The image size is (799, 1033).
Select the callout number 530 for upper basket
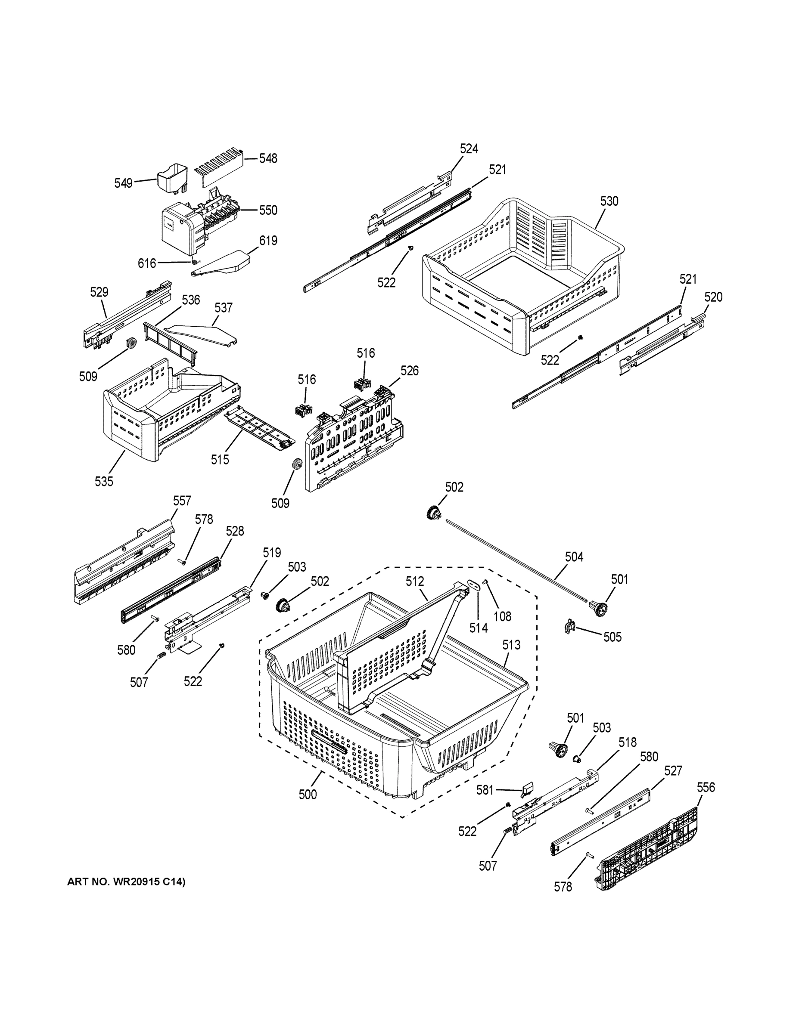pos(609,201)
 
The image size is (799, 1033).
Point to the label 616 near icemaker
pos(147,263)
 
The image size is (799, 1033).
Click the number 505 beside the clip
pos(612,637)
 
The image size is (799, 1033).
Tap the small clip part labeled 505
pos(569,626)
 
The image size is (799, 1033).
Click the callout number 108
pos(502,616)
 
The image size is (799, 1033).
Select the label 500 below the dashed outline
pos(308,795)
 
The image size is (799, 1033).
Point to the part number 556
pos(706,788)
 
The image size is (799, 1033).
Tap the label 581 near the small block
pos(485,790)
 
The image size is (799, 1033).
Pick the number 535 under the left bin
pos(104,482)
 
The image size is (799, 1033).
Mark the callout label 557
pos(182,501)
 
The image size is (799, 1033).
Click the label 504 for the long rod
pos(574,557)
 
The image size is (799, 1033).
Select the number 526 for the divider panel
pos(410,371)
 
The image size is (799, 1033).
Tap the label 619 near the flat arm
pos(268,241)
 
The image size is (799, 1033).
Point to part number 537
pos(224,308)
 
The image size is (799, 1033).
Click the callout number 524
pos(469,149)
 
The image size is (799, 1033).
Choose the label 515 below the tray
pos(220,459)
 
